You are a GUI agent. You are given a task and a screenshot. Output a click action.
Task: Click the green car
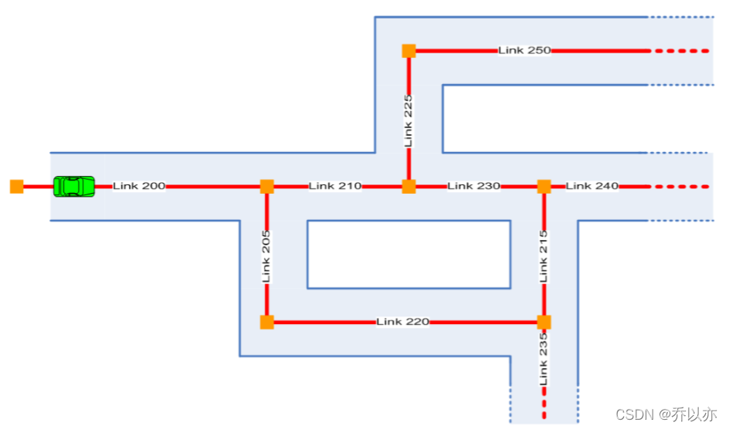(x=74, y=187)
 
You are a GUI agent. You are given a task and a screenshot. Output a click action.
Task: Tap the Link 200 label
(x=139, y=186)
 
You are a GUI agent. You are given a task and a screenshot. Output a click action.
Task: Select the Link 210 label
(x=335, y=186)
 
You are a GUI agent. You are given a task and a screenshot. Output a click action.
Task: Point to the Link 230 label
(x=474, y=186)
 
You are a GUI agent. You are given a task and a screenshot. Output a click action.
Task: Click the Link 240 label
(x=592, y=186)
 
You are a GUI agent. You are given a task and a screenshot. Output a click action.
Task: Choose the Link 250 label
(x=524, y=50)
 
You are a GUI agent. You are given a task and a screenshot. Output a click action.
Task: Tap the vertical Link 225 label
(x=409, y=120)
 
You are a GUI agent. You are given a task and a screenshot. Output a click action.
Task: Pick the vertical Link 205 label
(x=266, y=258)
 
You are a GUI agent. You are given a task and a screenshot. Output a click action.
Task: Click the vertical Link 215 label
(x=544, y=255)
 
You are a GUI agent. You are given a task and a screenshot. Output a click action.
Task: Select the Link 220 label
(x=402, y=322)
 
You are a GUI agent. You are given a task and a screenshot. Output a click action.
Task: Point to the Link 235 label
(x=544, y=360)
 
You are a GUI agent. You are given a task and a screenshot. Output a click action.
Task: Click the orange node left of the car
(x=17, y=187)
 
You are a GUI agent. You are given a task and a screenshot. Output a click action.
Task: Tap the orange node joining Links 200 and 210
(x=267, y=187)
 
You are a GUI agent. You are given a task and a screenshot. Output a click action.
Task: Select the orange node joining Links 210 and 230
(x=409, y=187)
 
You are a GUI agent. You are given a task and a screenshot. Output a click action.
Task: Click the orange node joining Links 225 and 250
(x=409, y=51)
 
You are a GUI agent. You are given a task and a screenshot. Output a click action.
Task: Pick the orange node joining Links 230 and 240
(x=544, y=187)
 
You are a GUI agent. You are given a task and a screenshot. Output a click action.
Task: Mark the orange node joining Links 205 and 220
(x=267, y=323)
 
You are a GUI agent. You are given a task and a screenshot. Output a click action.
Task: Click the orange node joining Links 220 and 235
(x=544, y=323)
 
